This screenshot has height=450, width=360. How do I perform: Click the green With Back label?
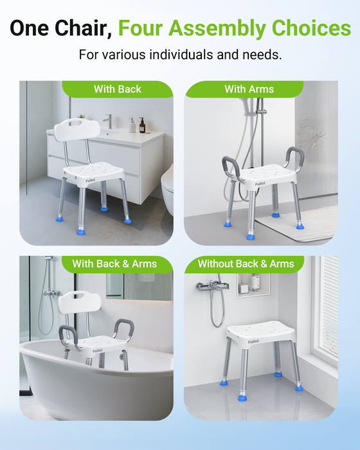point(118,89)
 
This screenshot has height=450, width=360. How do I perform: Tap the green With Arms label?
point(249,89)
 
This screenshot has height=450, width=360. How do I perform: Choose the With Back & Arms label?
point(114,264)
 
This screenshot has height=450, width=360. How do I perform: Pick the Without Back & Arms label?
point(246,264)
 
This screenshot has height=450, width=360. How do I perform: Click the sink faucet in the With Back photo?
point(108,121)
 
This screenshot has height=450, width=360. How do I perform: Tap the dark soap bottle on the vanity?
point(142,125)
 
